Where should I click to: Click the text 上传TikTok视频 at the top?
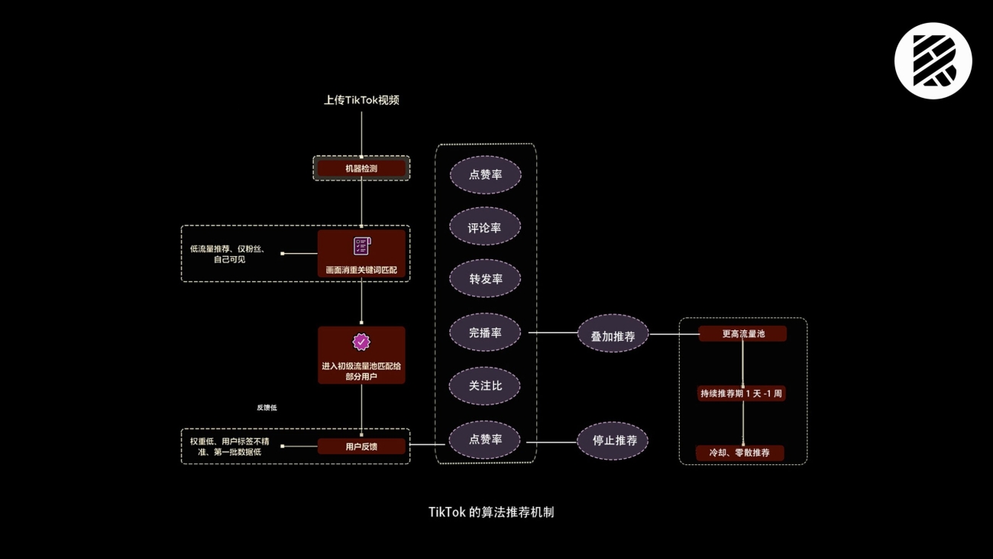[x=361, y=100]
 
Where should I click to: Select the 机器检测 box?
[x=361, y=168]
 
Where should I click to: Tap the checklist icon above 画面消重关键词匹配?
[x=361, y=246]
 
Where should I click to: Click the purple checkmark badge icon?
[x=361, y=343]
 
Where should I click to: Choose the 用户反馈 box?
[x=361, y=447]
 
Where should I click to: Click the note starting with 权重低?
[x=229, y=447]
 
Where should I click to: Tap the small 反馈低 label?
[x=267, y=408]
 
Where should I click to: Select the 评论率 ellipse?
[x=485, y=227]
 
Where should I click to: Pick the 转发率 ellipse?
[x=485, y=279]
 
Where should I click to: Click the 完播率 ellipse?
[x=485, y=333]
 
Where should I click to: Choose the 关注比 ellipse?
[x=485, y=386]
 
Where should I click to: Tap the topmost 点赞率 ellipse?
[x=485, y=175]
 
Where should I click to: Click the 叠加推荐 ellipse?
[x=613, y=336]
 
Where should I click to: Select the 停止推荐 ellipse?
[x=613, y=440]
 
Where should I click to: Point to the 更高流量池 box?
[x=742, y=334]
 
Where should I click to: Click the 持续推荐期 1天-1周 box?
[x=741, y=394]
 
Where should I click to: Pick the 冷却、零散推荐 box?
[x=739, y=453]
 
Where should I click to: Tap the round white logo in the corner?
[x=933, y=61]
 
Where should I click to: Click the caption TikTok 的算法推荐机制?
[x=491, y=512]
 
